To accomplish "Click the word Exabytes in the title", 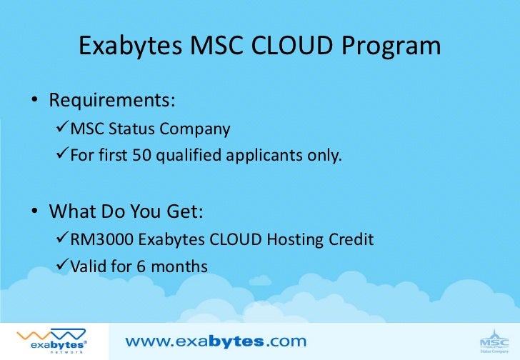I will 129,46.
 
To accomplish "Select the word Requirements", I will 111,101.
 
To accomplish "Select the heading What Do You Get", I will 126,212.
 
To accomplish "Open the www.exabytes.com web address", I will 216,341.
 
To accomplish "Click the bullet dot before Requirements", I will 34,101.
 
